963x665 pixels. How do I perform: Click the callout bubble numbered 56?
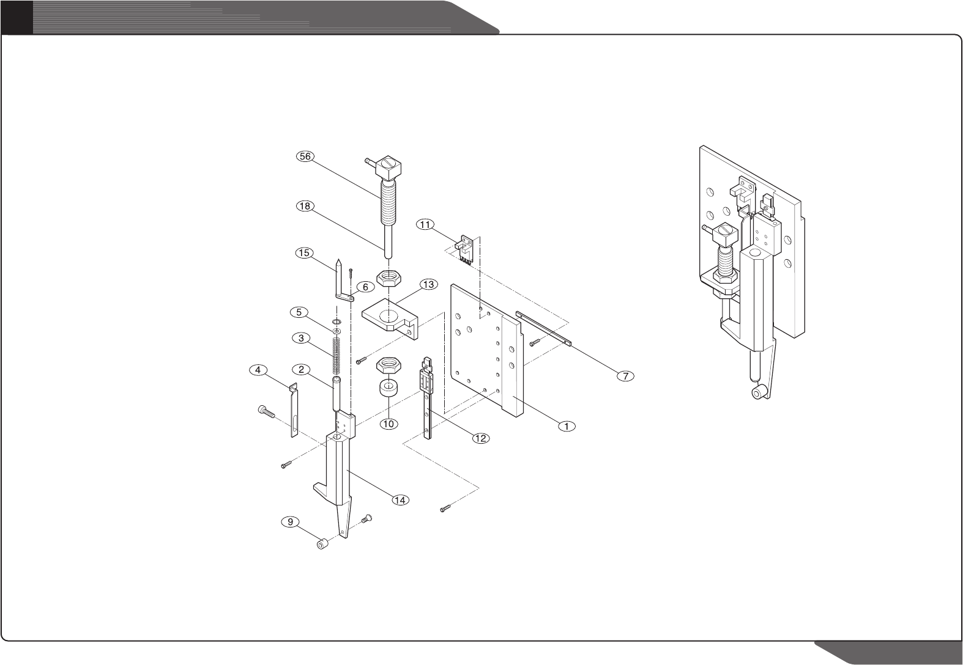[305, 156]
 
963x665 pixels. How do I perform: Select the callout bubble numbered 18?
[305, 206]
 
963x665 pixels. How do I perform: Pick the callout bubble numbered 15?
[305, 252]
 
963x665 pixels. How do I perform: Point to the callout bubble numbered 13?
[428, 284]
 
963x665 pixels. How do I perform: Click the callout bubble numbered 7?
[625, 376]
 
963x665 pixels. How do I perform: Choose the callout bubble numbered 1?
[567, 425]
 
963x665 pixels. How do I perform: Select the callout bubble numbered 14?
[400, 500]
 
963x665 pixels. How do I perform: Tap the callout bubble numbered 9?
[290, 522]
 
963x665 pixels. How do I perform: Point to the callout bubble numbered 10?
[389, 422]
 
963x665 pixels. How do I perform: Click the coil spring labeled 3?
[336, 355]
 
